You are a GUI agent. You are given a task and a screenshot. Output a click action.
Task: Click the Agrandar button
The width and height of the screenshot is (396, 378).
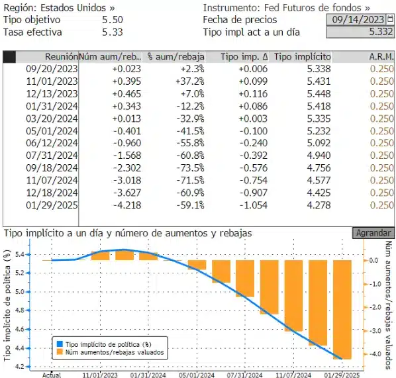(x=373, y=233)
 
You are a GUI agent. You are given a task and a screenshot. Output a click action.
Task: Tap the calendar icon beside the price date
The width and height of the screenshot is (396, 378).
(x=390, y=19)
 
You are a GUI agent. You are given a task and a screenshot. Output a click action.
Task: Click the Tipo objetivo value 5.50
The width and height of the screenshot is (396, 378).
(x=113, y=20)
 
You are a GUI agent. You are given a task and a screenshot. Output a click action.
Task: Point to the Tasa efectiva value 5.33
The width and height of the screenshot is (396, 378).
(x=113, y=32)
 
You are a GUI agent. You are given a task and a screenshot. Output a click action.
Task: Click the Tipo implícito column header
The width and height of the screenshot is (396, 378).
(x=303, y=57)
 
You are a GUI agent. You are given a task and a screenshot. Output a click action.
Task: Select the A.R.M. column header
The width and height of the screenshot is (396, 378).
(x=381, y=57)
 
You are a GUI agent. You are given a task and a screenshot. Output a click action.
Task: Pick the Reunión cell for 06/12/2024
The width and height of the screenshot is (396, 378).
(x=52, y=143)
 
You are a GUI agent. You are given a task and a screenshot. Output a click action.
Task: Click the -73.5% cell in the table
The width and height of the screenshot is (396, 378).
(x=191, y=168)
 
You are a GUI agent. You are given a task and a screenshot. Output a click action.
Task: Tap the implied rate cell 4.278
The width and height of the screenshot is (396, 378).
(x=319, y=205)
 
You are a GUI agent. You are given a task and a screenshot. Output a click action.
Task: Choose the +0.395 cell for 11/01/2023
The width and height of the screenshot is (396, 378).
(x=126, y=81)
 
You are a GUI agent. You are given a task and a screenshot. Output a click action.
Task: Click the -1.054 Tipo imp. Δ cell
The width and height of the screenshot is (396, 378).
(x=254, y=205)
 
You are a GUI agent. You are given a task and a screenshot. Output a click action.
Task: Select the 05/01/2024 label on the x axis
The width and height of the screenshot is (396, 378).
(x=197, y=375)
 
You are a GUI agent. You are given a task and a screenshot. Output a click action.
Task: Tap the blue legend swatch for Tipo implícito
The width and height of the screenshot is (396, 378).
(x=60, y=344)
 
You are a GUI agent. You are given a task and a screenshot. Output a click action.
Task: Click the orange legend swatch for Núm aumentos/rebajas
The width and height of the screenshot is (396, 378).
(x=60, y=352)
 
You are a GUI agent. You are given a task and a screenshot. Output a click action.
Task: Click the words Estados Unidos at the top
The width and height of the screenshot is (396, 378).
(x=74, y=8)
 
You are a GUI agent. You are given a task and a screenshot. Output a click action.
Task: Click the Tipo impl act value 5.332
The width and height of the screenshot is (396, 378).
(x=381, y=32)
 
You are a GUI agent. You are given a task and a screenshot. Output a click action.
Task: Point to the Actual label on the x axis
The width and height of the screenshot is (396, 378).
(x=52, y=375)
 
